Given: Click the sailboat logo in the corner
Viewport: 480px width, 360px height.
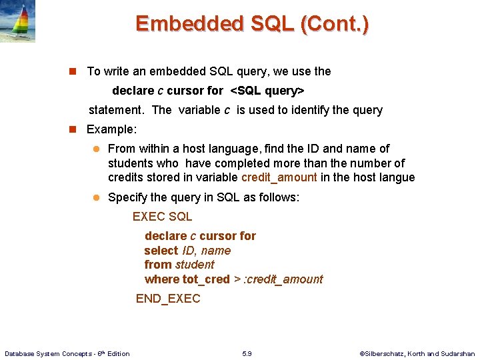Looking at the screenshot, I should (18, 21).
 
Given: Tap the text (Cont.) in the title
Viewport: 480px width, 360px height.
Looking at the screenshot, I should (335, 24).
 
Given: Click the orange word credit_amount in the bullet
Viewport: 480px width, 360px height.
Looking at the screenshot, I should (279, 177).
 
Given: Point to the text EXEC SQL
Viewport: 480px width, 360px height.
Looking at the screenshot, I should (162, 217).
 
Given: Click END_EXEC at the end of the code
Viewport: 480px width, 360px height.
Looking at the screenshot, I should (168, 299).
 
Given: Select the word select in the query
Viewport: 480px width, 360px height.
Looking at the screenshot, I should (161, 251).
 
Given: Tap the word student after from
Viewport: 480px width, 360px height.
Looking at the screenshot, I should (195, 265).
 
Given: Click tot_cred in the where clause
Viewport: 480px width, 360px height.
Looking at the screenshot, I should (206, 279).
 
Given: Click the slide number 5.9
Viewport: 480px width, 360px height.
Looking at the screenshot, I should (247, 353).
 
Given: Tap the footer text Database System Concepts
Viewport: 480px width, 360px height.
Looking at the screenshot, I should (47, 353).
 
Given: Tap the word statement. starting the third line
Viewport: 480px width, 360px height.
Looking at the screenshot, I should (117, 110).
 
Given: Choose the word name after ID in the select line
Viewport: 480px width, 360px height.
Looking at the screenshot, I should (216, 251).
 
